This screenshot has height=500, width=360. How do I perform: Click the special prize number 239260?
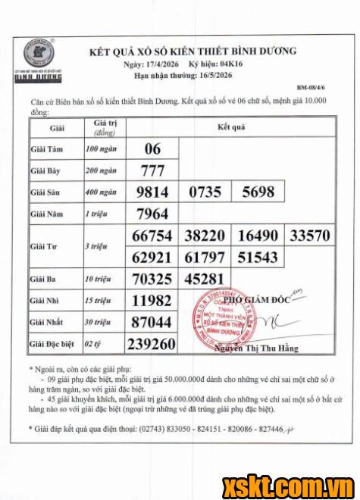point(152,345)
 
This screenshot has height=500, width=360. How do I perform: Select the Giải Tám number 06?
point(152,148)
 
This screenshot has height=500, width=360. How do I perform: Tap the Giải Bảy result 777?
point(152,170)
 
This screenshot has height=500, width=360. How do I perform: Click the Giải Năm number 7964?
point(152,214)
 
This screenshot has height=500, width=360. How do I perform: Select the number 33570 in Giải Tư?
point(306,236)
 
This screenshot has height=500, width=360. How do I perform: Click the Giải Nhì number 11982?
point(152,301)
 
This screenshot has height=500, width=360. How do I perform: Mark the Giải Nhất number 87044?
point(152,323)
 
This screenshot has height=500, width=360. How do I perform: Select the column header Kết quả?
point(231,127)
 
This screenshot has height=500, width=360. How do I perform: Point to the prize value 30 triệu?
point(99,323)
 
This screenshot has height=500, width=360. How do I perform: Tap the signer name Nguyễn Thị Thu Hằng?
point(252,349)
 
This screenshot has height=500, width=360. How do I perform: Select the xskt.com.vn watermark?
point(301,485)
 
